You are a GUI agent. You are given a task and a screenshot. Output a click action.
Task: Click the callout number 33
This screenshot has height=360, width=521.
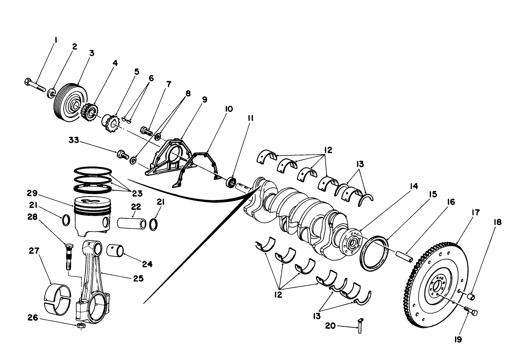[74, 140]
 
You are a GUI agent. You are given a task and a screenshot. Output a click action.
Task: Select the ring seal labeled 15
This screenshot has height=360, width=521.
[374, 252]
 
